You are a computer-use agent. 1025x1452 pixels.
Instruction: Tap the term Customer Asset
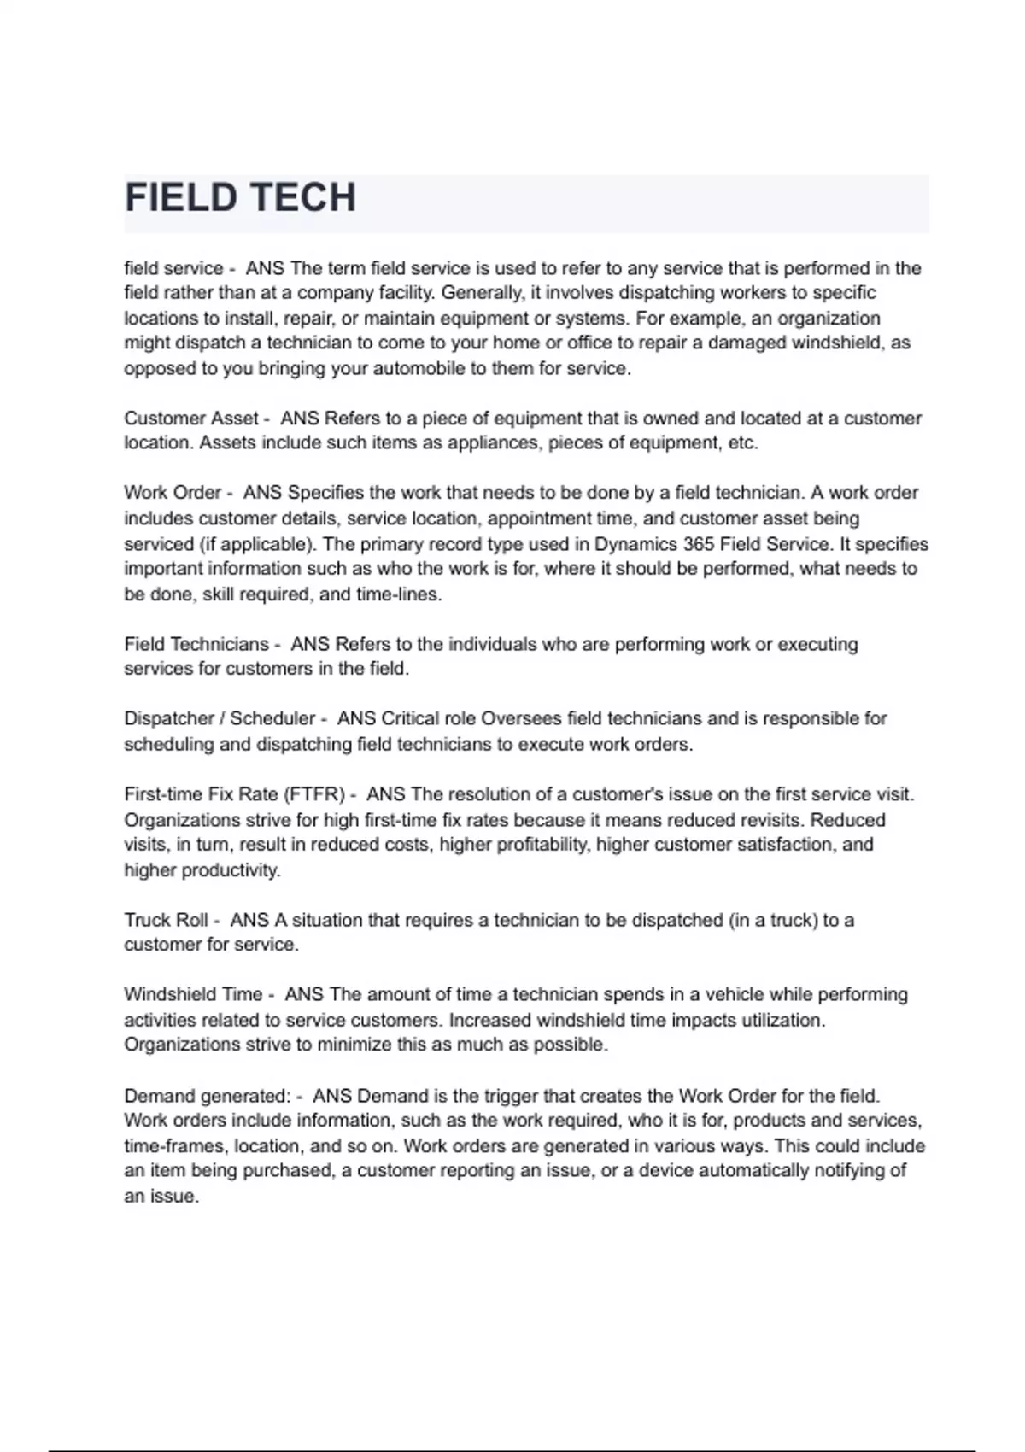(191, 419)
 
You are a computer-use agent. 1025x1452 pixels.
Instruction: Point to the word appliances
(490, 443)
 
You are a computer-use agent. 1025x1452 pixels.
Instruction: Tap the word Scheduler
(272, 718)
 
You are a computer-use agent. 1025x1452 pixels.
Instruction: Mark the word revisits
(768, 820)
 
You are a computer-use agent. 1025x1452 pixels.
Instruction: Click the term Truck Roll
(166, 920)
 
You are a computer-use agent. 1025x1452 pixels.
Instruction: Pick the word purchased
(287, 1171)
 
